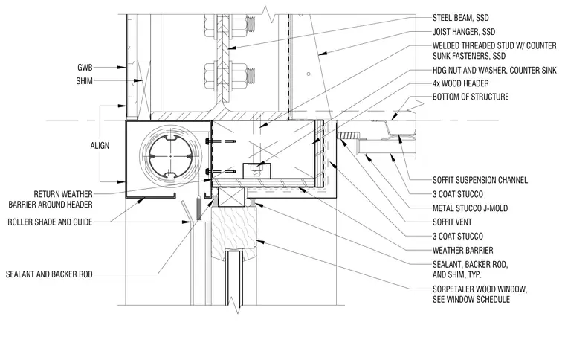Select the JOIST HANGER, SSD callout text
pos(464,32)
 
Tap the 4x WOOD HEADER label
pos(460,83)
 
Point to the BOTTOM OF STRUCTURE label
pos(471,97)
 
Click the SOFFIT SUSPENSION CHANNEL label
pos(480,180)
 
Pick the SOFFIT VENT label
pos(452,222)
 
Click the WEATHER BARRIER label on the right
pos(463,250)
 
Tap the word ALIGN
pos(100,146)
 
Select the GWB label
pos(85,68)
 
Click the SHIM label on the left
pos(84,81)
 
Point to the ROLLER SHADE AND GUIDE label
pos(50,222)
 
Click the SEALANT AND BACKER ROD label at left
pos(49,274)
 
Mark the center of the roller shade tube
pos(170,156)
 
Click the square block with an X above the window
pos(231,196)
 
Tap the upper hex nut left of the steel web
pos(210,25)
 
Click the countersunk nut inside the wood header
pos(256,168)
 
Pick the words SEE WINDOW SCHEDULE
pos(471,300)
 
